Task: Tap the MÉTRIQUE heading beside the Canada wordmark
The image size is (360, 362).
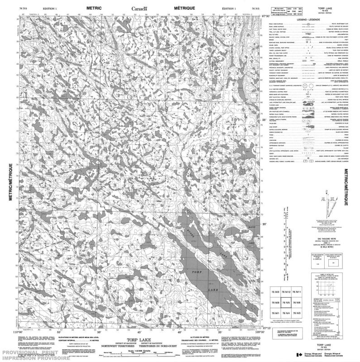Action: coord(183,8)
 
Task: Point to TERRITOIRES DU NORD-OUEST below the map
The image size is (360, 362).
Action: coord(159,345)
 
